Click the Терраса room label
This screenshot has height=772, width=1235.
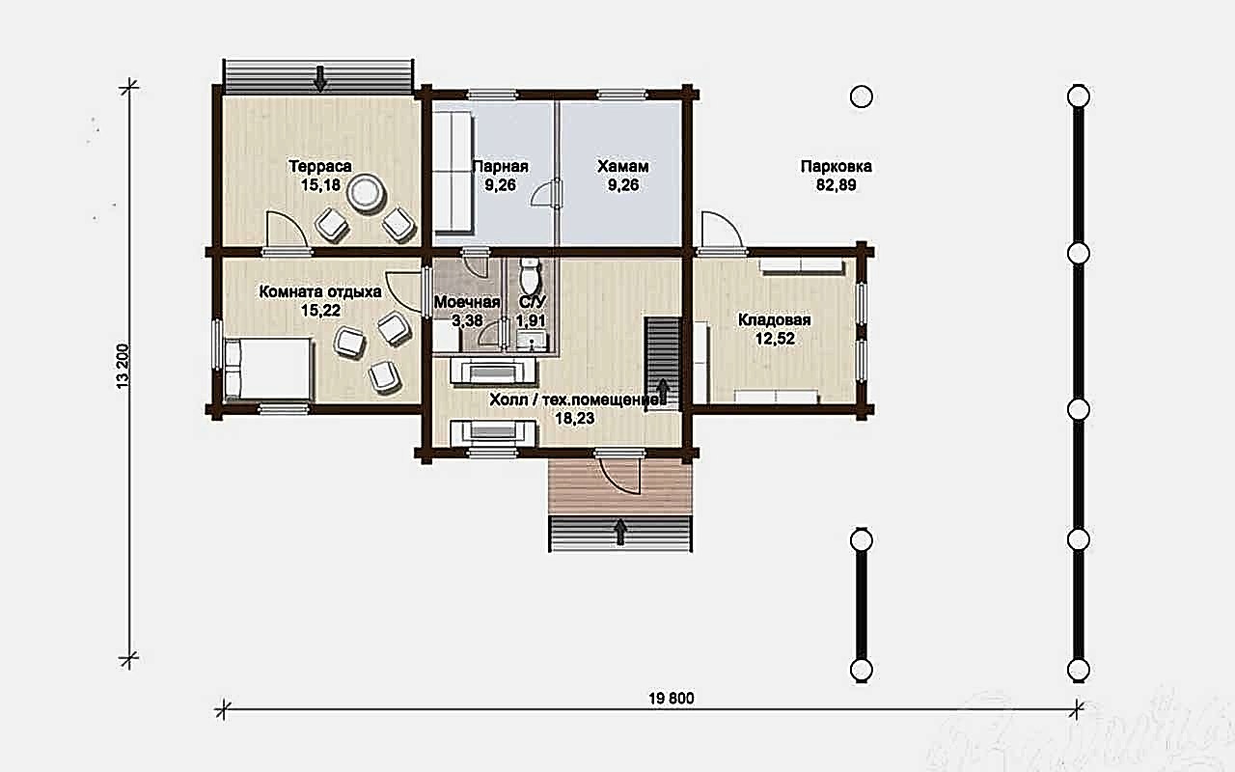(320, 166)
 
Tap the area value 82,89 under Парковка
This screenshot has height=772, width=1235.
(837, 185)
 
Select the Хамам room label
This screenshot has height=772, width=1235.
(623, 166)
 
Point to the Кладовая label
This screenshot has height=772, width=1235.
(775, 320)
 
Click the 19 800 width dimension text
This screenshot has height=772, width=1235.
(672, 699)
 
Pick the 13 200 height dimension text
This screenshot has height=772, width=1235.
(123, 366)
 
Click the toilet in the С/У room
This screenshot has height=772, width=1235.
(531, 276)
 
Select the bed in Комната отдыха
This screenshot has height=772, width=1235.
(268, 369)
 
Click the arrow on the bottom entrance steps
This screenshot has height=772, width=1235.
(620, 532)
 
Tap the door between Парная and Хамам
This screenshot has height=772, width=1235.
(546, 194)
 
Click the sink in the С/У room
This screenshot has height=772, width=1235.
(532, 341)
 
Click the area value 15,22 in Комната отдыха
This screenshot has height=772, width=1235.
(320, 311)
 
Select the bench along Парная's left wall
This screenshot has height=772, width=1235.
(453, 172)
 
